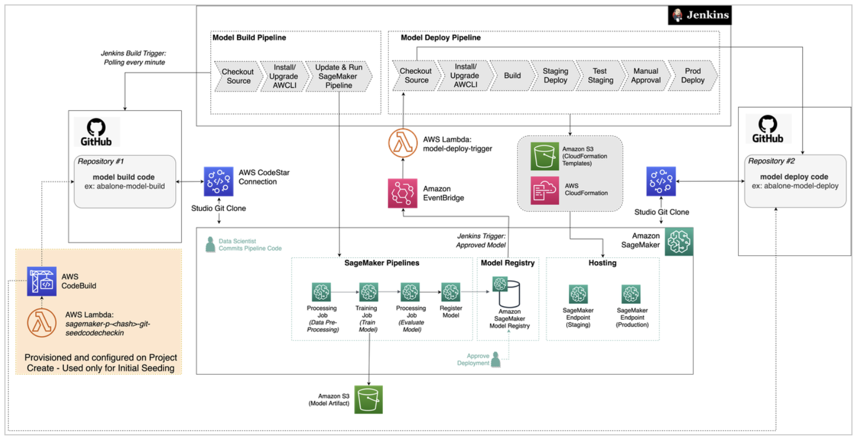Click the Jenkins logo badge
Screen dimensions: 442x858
(x=699, y=15)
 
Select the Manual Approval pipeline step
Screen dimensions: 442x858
(x=645, y=76)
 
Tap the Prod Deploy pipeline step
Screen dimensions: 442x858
(x=692, y=76)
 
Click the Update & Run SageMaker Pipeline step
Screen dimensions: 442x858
(x=339, y=76)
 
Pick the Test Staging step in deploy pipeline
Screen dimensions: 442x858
(x=600, y=76)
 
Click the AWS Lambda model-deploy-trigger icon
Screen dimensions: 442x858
(x=403, y=143)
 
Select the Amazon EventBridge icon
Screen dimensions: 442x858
(x=403, y=193)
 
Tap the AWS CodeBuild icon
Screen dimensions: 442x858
(x=42, y=281)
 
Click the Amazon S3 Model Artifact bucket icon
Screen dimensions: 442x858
(x=368, y=400)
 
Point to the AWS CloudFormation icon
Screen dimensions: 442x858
(x=545, y=190)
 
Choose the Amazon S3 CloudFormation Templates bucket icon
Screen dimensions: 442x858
(x=545, y=156)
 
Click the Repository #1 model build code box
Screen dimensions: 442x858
(x=124, y=181)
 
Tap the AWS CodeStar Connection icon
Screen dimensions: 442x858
(x=219, y=181)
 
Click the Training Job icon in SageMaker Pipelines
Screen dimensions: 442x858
(x=368, y=292)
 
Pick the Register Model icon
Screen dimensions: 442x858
(x=450, y=292)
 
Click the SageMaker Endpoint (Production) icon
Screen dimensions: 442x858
(x=631, y=294)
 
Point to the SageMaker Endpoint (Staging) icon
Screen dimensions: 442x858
(x=578, y=294)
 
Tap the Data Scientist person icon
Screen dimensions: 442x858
(x=210, y=245)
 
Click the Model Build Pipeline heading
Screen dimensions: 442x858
(x=249, y=37)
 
